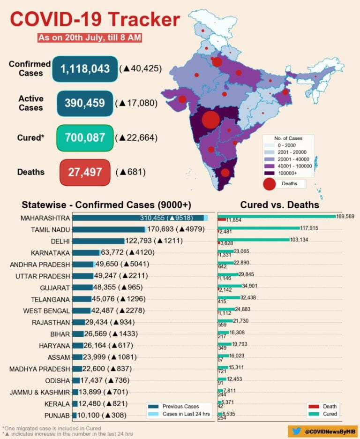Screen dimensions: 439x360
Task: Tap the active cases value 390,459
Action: (84, 103)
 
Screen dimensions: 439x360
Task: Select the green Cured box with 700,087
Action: (85, 137)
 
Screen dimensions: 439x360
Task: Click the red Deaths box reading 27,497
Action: (85, 172)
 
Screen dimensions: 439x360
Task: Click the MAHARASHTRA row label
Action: (45, 218)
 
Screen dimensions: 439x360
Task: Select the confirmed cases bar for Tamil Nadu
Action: (109, 229)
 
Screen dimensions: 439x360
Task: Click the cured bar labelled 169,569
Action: (277, 217)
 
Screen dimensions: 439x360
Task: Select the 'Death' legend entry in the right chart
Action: (323, 407)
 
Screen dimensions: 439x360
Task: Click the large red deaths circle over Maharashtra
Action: (211, 119)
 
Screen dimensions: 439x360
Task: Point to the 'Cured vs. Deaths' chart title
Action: (279, 205)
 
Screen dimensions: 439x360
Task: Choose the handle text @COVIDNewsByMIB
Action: (328, 431)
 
